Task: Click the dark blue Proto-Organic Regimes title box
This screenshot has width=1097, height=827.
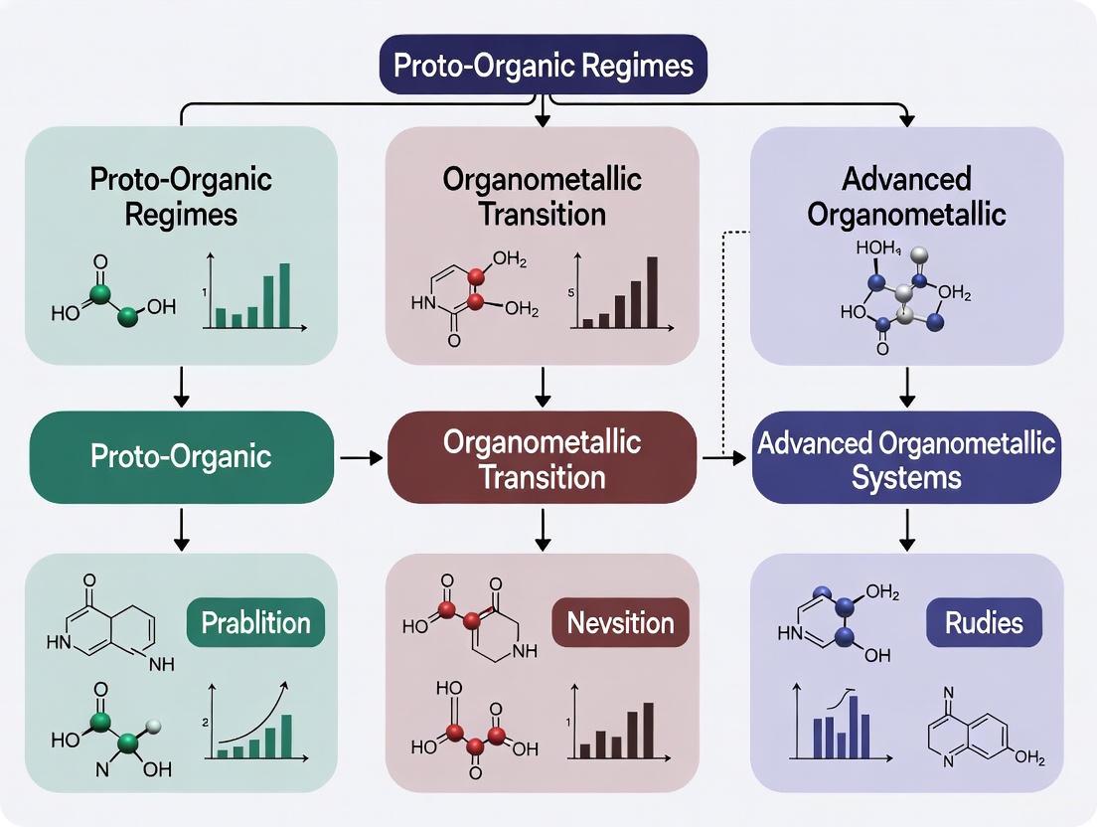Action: (543, 66)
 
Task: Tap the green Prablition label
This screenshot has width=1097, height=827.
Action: (256, 623)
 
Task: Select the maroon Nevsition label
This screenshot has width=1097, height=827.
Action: (620, 623)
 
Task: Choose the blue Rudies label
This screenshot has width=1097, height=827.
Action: (984, 623)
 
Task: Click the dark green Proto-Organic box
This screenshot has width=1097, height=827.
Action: (181, 456)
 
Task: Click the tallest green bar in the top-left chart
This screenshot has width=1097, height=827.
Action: (285, 295)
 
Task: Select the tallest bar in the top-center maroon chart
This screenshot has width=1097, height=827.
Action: (652, 292)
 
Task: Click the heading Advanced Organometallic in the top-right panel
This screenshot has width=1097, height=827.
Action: (906, 196)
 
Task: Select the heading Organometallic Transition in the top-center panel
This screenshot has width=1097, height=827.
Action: (543, 196)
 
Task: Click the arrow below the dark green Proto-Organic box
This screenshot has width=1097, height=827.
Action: (181, 529)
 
